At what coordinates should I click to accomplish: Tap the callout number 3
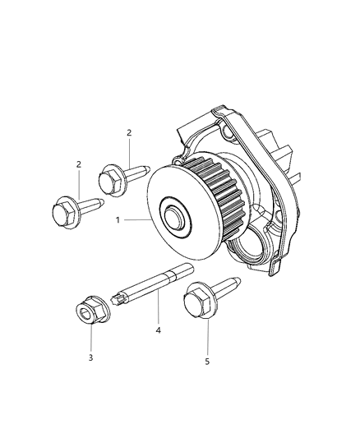92,357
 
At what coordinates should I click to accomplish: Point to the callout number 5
208,360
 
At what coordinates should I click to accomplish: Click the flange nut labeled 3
88,311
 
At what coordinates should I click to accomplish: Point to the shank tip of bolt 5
238,281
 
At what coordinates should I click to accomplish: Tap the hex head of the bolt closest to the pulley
112,178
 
